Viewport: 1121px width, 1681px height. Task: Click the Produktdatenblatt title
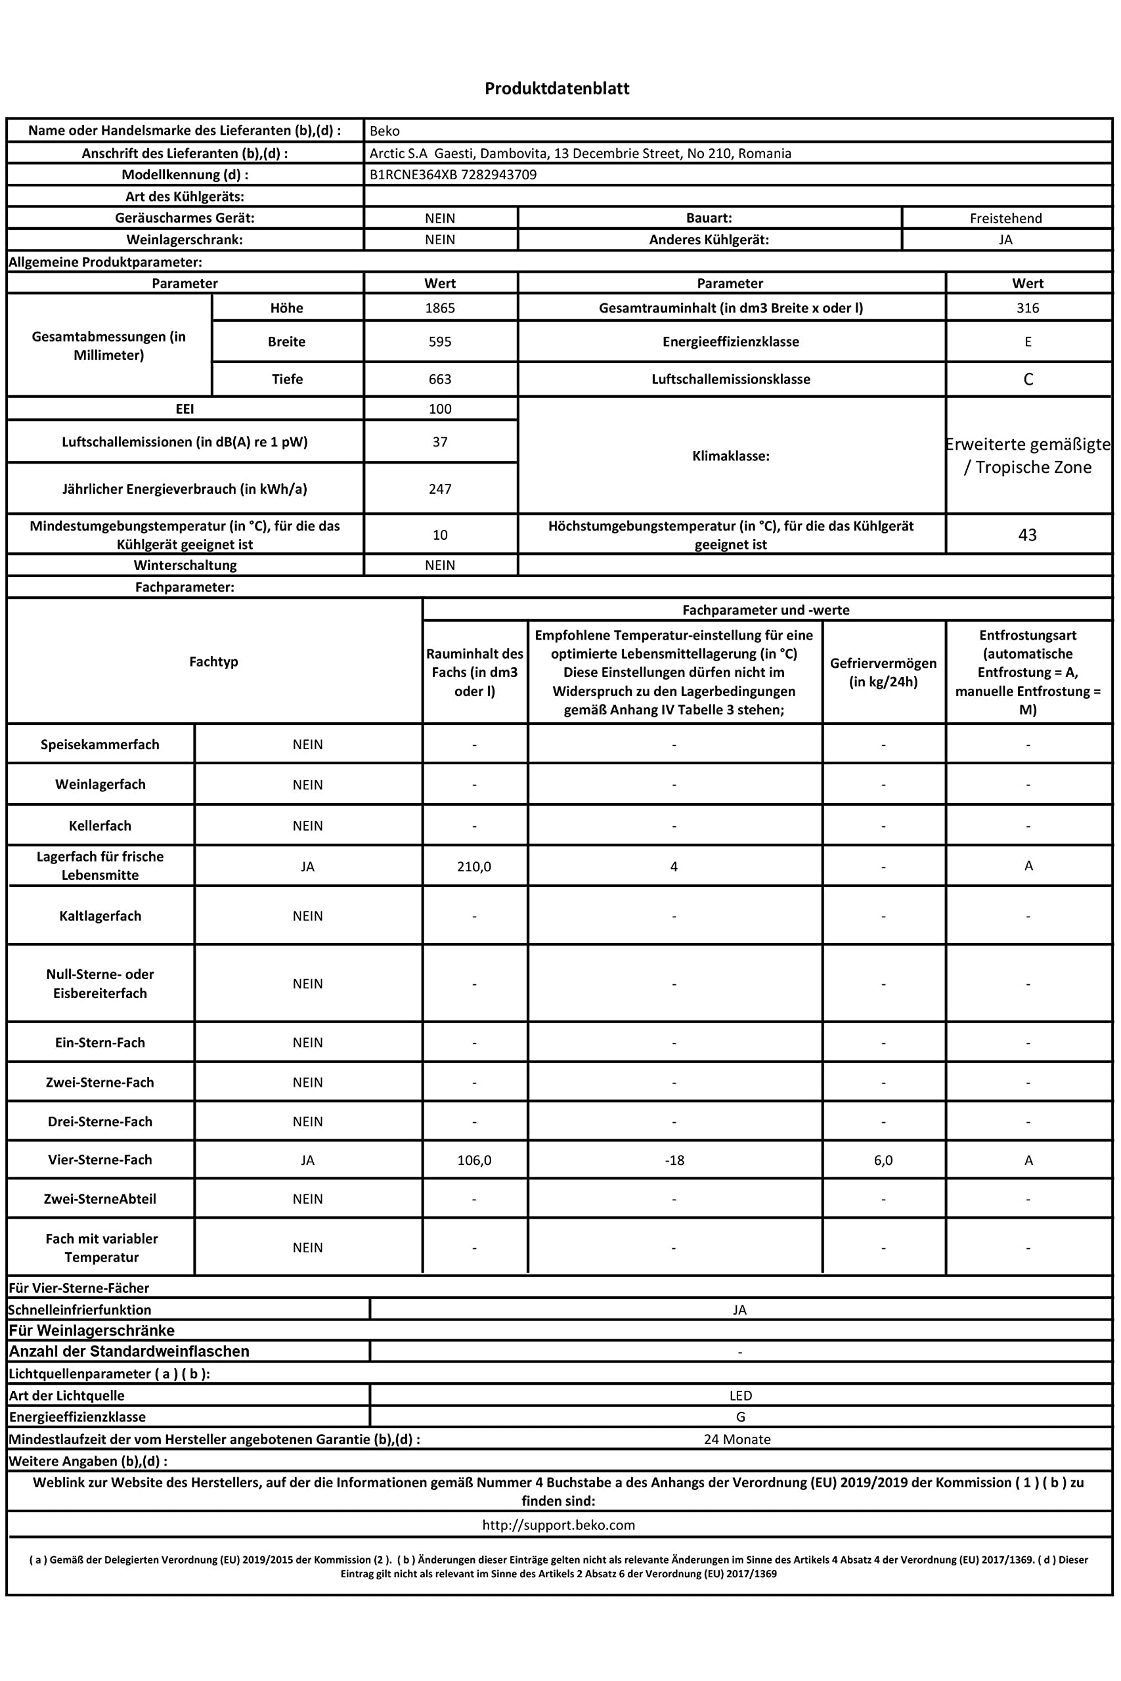(557, 89)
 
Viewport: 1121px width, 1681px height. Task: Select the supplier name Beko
(385, 131)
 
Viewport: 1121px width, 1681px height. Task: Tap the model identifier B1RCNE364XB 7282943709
(452, 175)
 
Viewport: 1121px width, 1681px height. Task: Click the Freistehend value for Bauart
(1005, 218)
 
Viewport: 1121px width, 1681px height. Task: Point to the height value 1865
(440, 308)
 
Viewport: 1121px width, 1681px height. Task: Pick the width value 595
(440, 341)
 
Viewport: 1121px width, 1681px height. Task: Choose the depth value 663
(440, 380)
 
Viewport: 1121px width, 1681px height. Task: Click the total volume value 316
(1027, 308)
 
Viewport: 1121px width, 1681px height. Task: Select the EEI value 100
(440, 409)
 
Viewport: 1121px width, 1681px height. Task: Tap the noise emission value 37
(440, 442)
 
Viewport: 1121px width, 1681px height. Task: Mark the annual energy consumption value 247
(440, 489)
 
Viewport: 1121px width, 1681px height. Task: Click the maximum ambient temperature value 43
(1027, 535)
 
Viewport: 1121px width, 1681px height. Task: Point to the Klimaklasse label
(731, 456)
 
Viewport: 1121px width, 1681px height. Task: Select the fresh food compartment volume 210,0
(474, 866)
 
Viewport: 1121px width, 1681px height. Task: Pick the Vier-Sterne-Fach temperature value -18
(674, 1160)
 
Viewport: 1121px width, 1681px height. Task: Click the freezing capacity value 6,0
(883, 1160)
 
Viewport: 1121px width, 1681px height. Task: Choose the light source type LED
(740, 1395)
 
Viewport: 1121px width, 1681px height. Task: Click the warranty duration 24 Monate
(737, 1439)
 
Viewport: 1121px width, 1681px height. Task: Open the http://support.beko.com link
(558, 1525)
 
